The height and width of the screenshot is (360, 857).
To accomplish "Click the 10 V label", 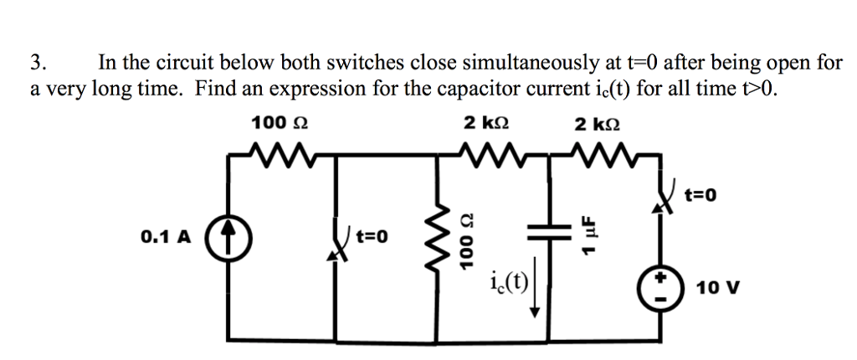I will [717, 289].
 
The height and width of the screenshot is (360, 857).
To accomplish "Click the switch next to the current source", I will [340, 243].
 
